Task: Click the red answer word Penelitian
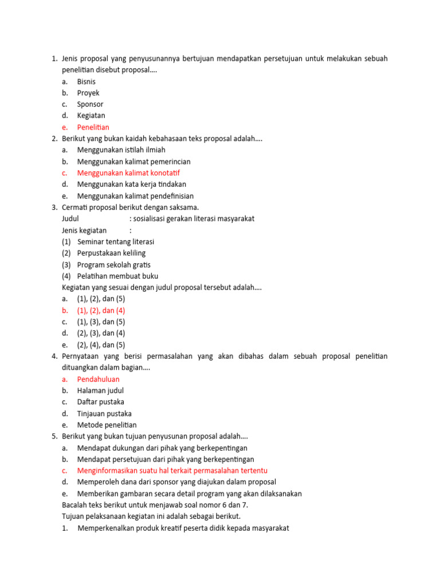pos(93,127)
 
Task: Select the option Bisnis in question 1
pos(86,81)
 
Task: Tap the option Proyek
pos(88,93)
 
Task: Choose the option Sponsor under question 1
pos(90,104)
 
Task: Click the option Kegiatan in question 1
pos(91,116)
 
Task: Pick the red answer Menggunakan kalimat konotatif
pos(132,173)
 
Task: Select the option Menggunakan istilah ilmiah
pos(121,150)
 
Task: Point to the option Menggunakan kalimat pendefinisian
pos(135,196)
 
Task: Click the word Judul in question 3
pos(70,219)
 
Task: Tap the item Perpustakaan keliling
pos(111,253)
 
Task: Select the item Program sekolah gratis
pos(113,265)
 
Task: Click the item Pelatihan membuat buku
pos(117,276)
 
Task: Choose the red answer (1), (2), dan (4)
pos(101,311)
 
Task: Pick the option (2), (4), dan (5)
pos(101,345)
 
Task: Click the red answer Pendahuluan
pos(98,379)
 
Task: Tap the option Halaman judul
pos(100,391)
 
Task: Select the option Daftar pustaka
pos(100,402)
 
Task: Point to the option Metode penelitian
pos(107,425)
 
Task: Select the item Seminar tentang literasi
pos(115,242)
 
